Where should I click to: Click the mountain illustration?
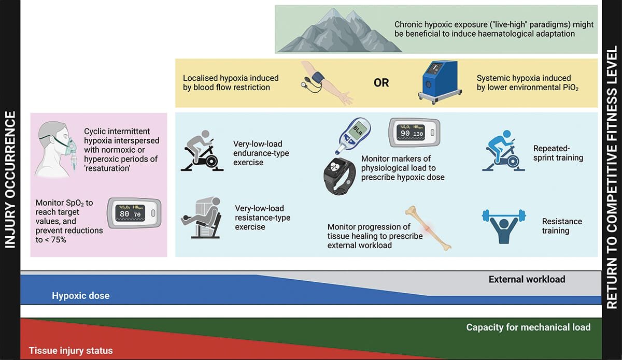[340, 33]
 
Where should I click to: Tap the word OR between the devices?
[381, 83]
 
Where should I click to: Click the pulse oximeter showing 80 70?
[134, 213]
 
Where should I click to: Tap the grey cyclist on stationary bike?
[202, 151]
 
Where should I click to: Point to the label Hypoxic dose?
[80, 296]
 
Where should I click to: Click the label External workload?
[527, 280]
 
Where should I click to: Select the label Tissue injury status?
[70, 351]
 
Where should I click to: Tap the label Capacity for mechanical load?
[528, 327]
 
